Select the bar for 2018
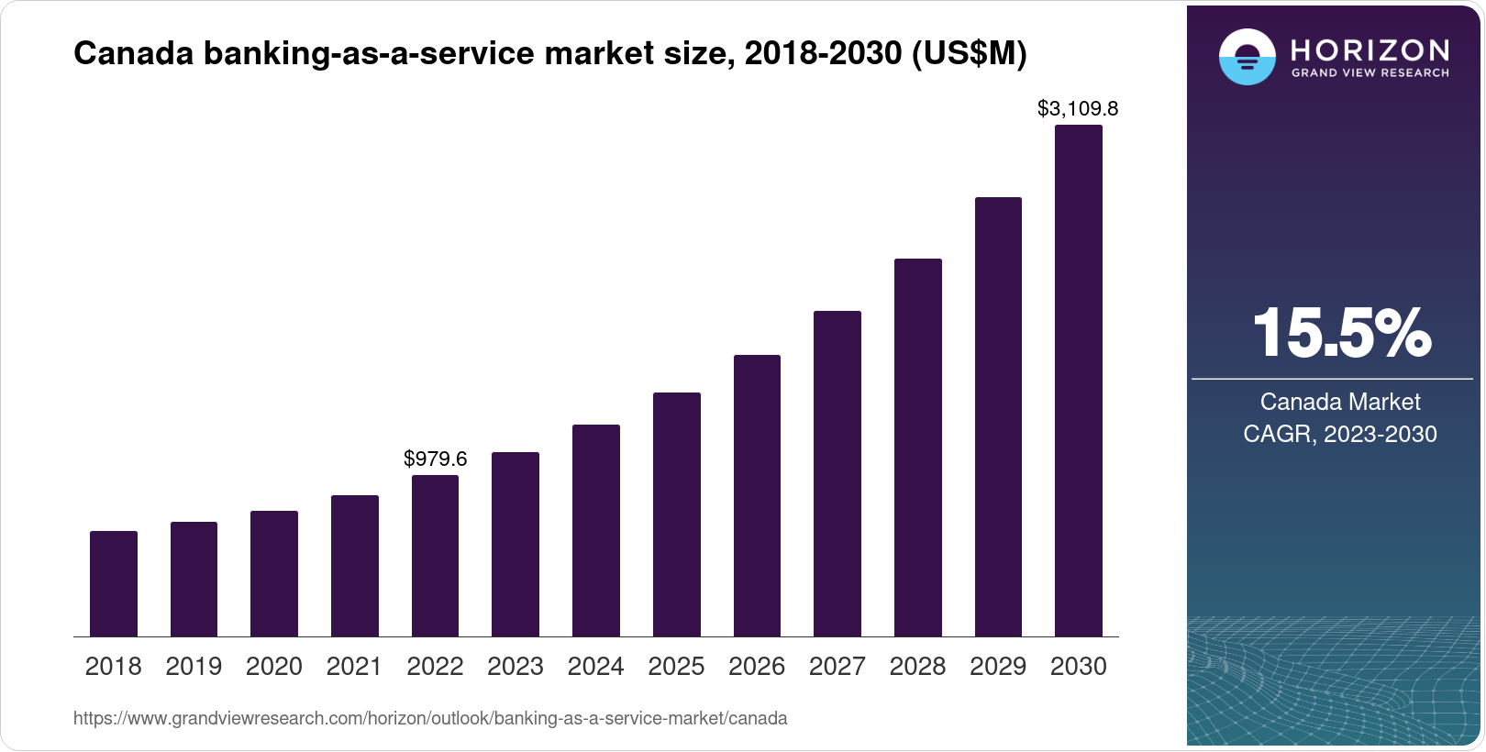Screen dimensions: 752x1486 click(x=114, y=584)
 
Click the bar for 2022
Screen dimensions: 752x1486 click(x=435, y=556)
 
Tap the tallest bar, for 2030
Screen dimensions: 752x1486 click(x=1078, y=381)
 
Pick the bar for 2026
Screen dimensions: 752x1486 click(x=757, y=495)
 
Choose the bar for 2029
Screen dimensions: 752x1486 click(x=998, y=417)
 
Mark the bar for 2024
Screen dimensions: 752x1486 click(x=596, y=530)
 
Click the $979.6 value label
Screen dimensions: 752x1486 click(x=435, y=459)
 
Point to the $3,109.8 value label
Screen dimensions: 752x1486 click(x=1077, y=109)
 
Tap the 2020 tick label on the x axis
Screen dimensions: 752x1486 click(x=273, y=667)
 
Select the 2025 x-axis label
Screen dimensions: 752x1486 click(x=676, y=667)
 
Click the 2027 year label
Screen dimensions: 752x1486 click(x=837, y=667)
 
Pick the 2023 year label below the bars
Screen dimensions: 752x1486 click(x=515, y=667)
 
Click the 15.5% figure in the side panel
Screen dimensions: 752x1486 click(x=1340, y=333)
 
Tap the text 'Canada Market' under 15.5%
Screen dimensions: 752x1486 click(x=1339, y=402)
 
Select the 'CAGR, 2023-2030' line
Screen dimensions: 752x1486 click(x=1339, y=434)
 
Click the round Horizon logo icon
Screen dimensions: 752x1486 click(x=1247, y=57)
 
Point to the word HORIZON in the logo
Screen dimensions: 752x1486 click(x=1370, y=50)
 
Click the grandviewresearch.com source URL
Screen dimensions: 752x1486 click(x=429, y=718)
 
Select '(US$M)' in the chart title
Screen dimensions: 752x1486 click(x=969, y=53)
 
